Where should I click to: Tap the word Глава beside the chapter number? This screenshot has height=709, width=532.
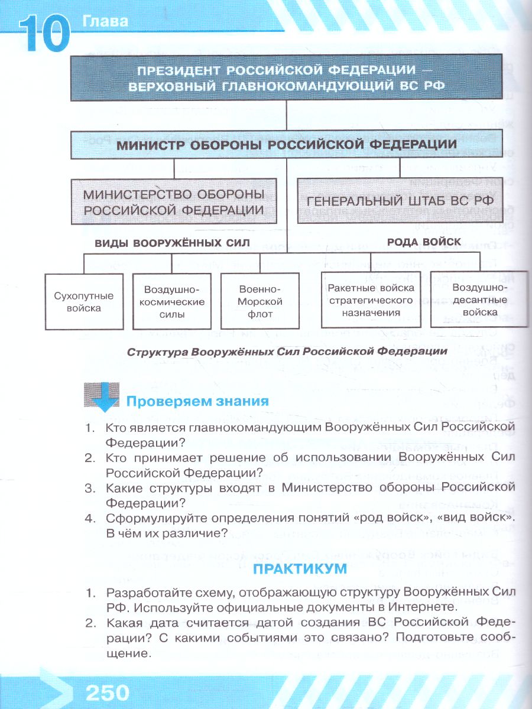point(106,22)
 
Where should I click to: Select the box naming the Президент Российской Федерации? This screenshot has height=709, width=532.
point(287,77)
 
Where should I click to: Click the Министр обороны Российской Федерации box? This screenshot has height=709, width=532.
point(287,145)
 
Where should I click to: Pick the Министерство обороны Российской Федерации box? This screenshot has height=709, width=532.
point(174,201)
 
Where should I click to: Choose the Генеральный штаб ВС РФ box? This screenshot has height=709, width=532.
point(400,201)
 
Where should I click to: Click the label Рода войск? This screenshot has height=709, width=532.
point(415,241)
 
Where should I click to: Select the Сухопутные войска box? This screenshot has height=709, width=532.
point(84,301)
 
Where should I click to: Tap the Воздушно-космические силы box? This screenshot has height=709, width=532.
point(172,301)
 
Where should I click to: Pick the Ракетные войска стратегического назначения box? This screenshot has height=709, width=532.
point(371,300)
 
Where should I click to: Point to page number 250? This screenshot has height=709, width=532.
point(108,692)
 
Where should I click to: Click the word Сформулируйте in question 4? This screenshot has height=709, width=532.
point(151,518)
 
